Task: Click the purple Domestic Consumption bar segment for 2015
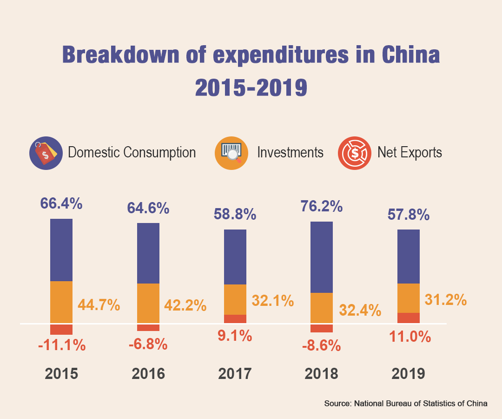61,250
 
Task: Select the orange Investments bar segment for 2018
321,308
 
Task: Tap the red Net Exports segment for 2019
408,318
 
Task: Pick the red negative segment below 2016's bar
148,328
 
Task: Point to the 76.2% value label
321,206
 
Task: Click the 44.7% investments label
99,305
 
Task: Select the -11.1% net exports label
62,345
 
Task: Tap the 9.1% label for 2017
235,335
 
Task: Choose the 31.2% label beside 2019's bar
445,300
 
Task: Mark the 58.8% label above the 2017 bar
235,214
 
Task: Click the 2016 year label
148,374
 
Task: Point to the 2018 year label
321,374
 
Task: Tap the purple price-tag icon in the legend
46,153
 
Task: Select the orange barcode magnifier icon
231,153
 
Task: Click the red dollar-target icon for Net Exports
355,153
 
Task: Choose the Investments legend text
290,152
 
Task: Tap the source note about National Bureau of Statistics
405,404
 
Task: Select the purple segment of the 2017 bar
235,257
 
